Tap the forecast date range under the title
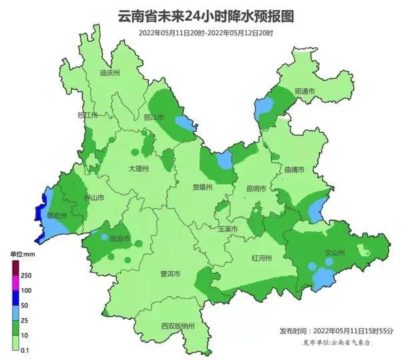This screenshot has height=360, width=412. pos(205,32)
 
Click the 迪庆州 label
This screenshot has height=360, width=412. pos(109,73)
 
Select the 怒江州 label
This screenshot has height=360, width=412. pos(87,115)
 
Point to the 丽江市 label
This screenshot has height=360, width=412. pos(154,117)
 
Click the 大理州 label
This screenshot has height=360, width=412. pos(139,169)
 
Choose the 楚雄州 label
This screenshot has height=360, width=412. pos(201,187)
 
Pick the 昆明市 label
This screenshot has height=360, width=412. pos(256,189)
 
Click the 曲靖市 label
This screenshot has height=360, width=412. pos(293,171)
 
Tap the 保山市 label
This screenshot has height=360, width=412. pos(93,198)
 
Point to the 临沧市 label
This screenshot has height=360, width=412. pos(121,238)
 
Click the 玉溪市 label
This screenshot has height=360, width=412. pos(227,229)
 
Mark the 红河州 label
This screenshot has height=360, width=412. pos(261,257)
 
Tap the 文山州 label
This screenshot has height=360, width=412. pos(334,253)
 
